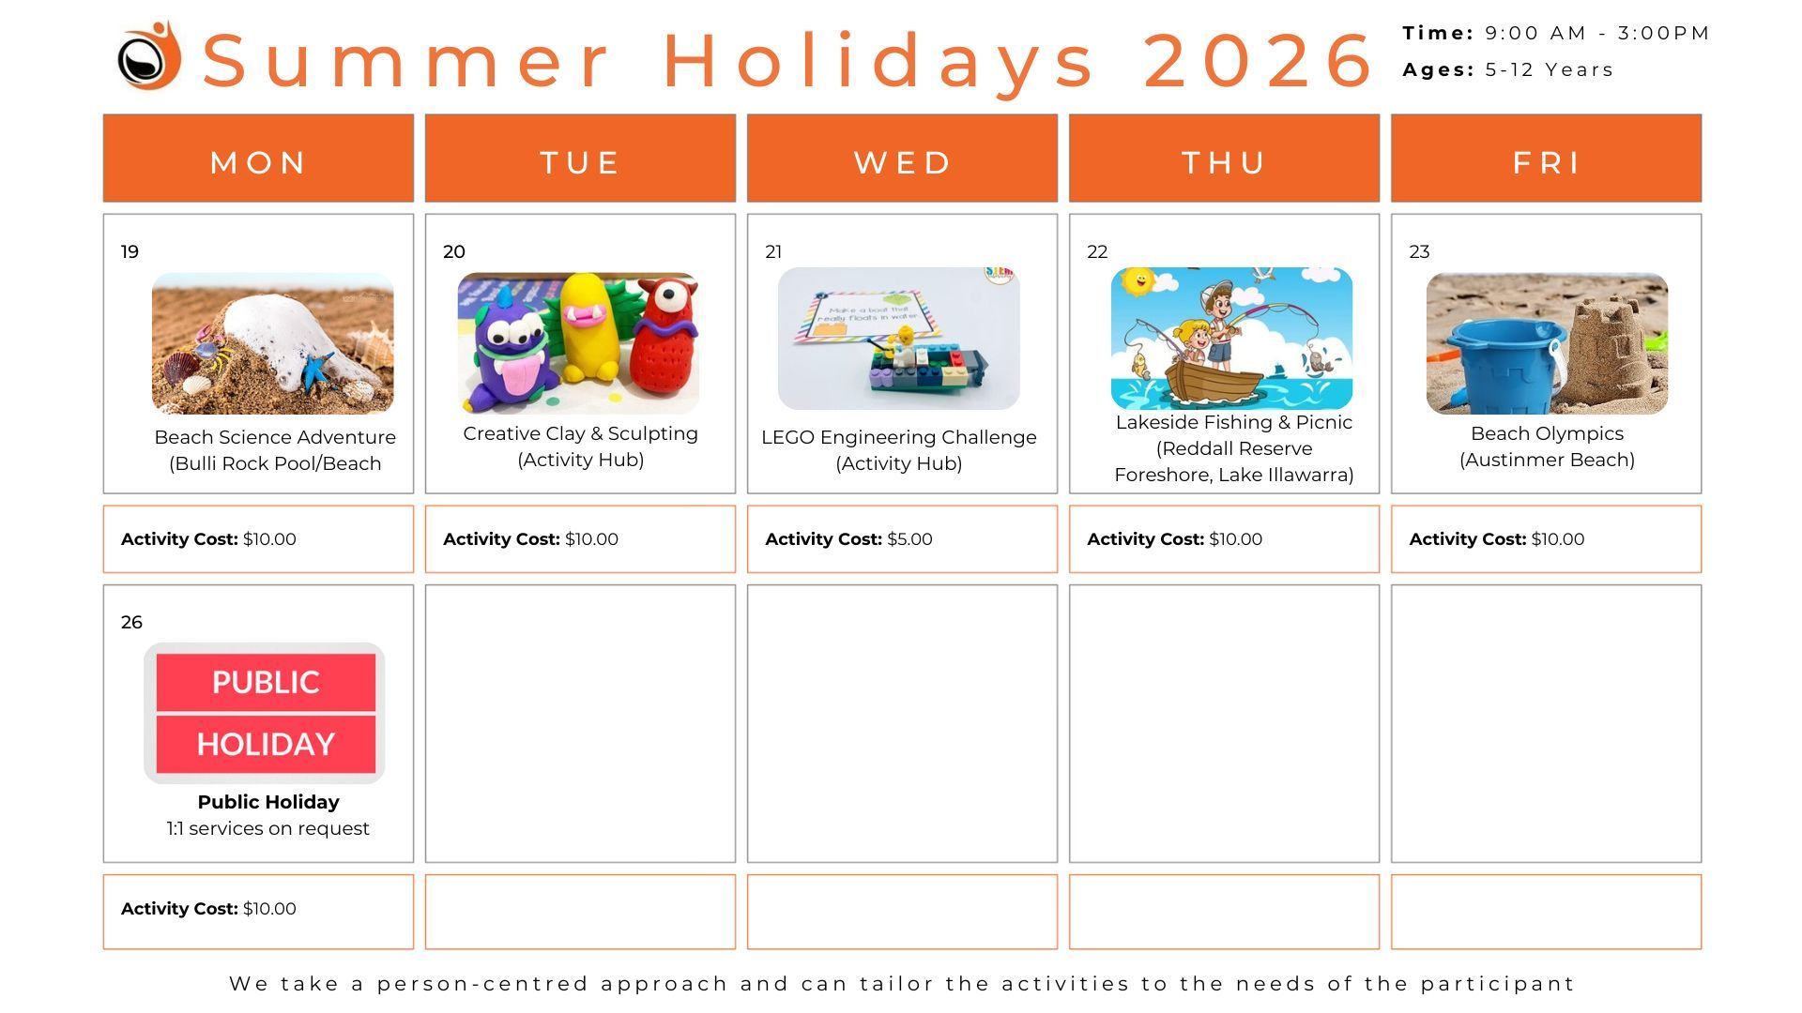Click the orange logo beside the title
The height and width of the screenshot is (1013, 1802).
click(149, 56)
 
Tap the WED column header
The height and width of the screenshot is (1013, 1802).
click(902, 161)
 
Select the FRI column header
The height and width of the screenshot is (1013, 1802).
click(1546, 161)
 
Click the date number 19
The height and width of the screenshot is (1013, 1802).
click(130, 251)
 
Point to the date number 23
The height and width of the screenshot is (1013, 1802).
click(1419, 251)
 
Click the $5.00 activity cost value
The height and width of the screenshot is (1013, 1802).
click(909, 539)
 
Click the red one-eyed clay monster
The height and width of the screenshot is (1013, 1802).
click(665, 338)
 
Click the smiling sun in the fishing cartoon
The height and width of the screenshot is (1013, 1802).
click(1139, 281)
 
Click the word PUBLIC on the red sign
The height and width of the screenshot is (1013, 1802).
click(266, 682)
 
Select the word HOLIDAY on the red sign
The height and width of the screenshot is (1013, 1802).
click(266, 744)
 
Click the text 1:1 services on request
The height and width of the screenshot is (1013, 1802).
click(267, 828)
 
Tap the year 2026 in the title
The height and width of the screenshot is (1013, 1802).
click(1258, 60)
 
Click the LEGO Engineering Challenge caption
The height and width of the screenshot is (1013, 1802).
click(898, 437)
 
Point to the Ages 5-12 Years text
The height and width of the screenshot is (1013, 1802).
click(1507, 70)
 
